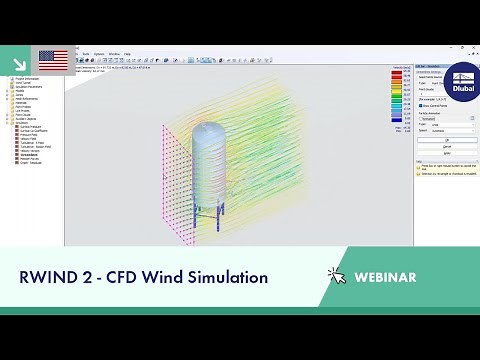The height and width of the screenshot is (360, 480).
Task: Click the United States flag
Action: coord(53,61)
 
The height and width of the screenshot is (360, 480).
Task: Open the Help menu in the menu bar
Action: coord(131,54)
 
